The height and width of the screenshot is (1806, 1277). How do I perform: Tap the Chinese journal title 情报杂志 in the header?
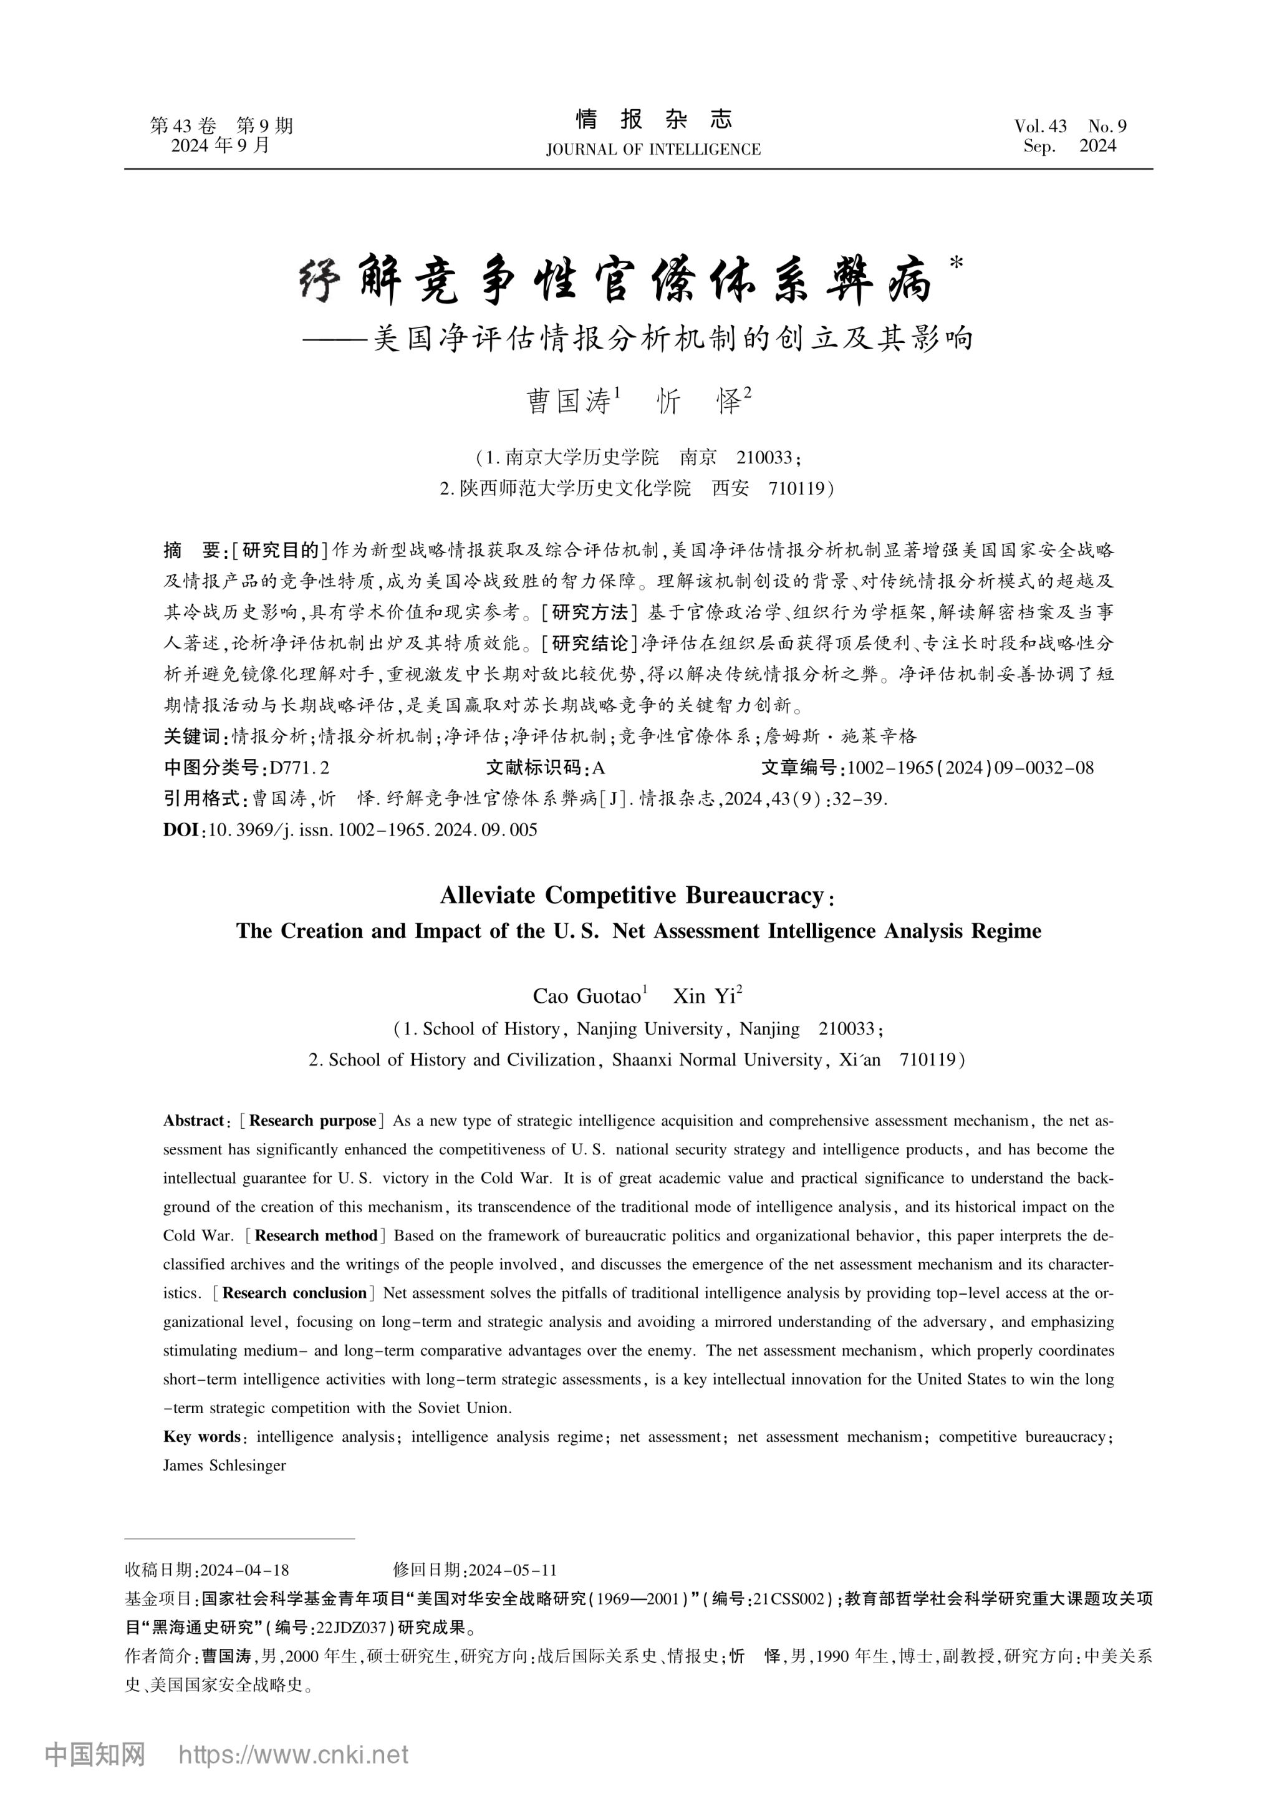[x=654, y=120]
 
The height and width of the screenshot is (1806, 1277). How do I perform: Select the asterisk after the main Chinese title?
[x=956, y=264]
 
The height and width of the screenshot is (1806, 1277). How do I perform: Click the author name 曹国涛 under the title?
[x=569, y=402]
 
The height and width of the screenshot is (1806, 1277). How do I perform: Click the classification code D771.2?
[x=299, y=768]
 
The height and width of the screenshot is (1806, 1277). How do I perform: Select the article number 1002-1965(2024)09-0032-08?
[x=970, y=768]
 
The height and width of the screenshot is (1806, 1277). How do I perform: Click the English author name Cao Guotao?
[x=587, y=996]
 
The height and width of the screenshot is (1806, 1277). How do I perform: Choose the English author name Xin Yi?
[x=705, y=996]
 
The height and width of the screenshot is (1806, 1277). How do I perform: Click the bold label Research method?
[x=316, y=1236]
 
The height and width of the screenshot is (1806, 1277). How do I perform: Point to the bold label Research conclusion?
[x=295, y=1293]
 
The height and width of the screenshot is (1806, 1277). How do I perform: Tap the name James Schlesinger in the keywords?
[x=224, y=1466]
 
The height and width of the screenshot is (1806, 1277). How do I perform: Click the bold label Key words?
[x=201, y=1436]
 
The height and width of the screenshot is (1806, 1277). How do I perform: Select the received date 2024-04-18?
[x=245, y=1571]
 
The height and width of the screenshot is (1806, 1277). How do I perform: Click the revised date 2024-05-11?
[x=513, y=1571]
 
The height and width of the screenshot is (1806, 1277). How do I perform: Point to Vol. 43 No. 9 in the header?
[x=1070, y=126]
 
